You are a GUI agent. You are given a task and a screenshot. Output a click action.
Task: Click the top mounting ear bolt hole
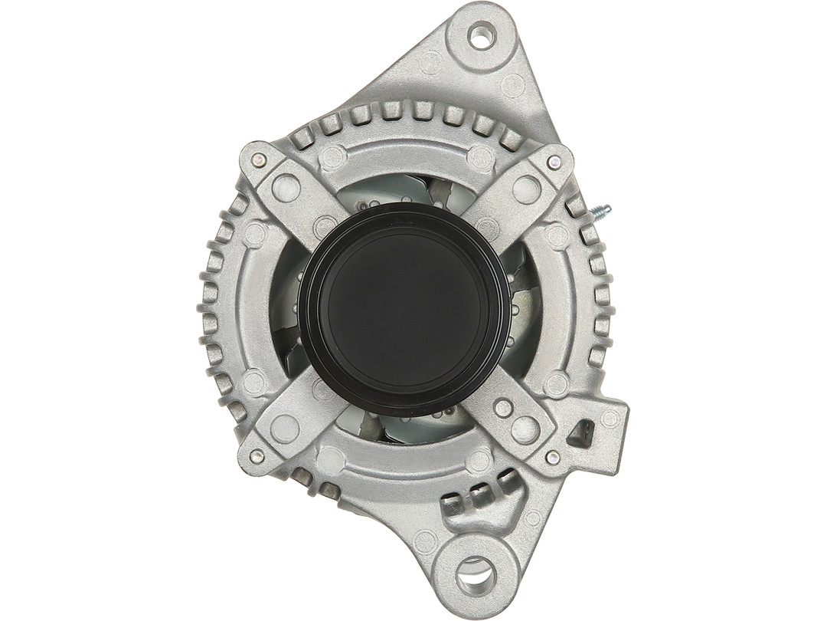pos(481,34)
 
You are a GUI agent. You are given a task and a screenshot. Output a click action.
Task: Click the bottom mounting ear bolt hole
pos(475,570)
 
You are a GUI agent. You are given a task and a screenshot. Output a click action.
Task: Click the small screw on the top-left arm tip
pos(260,160)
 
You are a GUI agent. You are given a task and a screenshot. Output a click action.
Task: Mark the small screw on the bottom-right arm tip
pos(551,457)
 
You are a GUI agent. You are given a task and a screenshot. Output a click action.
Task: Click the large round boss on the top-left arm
pos(286,187)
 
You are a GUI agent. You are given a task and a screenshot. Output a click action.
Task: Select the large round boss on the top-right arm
pos(526,189)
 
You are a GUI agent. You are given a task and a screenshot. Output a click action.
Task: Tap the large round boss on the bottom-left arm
pos(285,428)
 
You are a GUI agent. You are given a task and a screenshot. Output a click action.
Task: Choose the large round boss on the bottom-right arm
pos(525,429)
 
